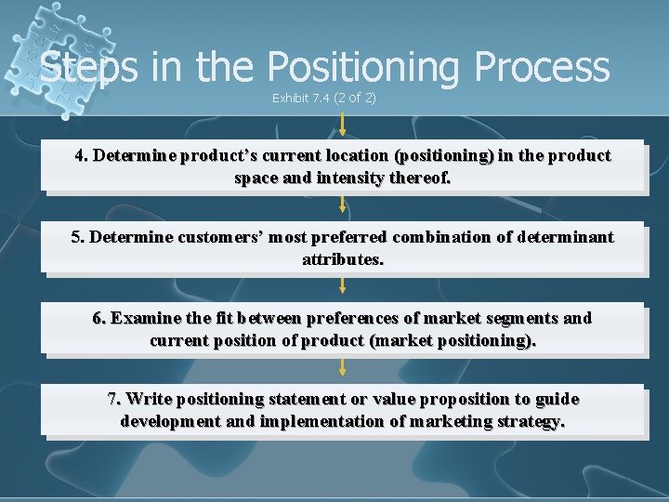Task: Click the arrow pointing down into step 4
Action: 343,125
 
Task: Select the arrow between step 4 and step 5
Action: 343,205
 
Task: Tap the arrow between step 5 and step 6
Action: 343,284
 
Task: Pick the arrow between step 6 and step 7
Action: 343,367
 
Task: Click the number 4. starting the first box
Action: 82,155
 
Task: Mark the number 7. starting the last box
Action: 114,399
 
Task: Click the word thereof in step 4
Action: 419,178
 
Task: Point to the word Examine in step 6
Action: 144,318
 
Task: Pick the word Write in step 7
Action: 149,399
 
